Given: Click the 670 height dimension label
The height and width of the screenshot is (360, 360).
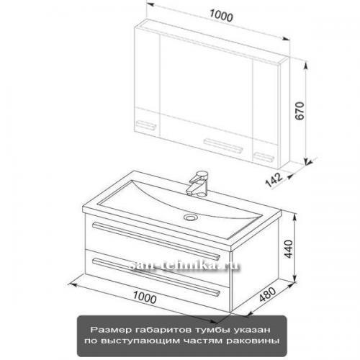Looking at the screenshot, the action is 300,111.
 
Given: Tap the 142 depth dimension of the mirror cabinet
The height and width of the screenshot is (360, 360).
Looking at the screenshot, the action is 274,180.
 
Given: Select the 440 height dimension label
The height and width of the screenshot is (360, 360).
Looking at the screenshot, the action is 289,249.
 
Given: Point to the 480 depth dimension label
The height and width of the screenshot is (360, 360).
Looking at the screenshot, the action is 268,294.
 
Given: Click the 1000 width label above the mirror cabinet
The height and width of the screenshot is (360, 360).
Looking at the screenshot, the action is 221,16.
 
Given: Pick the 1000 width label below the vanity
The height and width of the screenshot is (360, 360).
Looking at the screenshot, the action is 145,297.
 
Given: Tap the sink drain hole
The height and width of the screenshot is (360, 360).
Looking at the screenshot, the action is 191,217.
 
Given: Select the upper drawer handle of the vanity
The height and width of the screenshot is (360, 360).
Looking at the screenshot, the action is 156,240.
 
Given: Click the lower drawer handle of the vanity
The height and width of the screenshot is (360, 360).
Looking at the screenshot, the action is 156,276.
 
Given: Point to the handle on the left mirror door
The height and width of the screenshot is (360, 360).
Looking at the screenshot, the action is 146,125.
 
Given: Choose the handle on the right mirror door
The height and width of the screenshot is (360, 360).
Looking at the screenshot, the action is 264,157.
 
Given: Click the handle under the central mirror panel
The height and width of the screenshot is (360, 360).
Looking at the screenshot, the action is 223,146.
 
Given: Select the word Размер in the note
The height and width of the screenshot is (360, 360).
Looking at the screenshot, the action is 111,330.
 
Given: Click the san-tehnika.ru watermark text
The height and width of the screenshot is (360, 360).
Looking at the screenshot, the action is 184,266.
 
